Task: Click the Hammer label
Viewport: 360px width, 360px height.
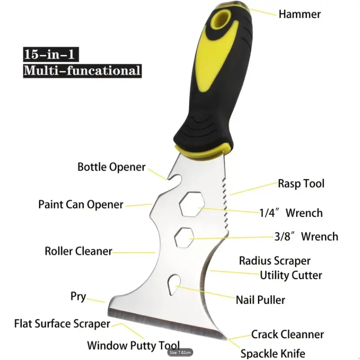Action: (x=300, y=14)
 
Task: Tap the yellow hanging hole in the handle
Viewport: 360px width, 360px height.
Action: (x=221, y=19)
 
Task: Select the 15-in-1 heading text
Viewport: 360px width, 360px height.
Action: (x=51, y=54)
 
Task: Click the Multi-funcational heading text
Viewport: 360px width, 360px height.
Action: (x=82, y=71)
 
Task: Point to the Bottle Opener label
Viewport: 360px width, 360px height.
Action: (x=111, y=167)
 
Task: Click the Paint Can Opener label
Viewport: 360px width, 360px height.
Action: (x=81, y=204)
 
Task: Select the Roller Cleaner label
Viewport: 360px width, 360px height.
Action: (x=78, y=251)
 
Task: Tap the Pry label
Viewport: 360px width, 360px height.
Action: (x=78, y=297)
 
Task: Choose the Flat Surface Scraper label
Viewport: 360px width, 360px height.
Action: (x=62, y=324)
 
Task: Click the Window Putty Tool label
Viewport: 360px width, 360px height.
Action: (x=133, y=345)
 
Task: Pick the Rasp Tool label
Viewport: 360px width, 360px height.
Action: (x=301, y=184)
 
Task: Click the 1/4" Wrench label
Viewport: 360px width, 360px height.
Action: (x=291, y=213)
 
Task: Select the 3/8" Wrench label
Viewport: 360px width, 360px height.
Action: (x=306, y=237)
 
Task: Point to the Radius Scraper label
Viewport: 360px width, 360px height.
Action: (x=275, y=261)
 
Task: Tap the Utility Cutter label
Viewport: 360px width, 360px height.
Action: (x=291, y=275)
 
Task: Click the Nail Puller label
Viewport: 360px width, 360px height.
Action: (x=261, y=300)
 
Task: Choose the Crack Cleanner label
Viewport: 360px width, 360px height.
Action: (x=288, y=334)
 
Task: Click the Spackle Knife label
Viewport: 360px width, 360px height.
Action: (x=273, y=354)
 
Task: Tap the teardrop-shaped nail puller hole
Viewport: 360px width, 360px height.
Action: (x=174, y=285)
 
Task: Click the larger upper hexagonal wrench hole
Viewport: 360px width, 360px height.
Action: (x=192, y=204)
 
